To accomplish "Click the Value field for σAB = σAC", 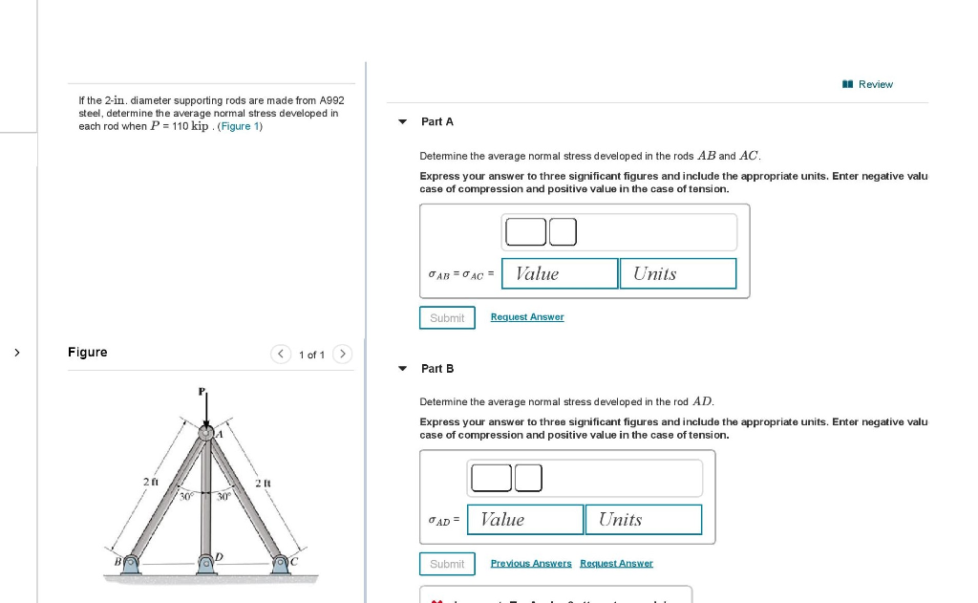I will tap(560, 273).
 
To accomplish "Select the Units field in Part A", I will tap(677, 273).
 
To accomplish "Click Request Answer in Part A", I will tap(527, 317).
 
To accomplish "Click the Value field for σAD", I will tap(525, 519).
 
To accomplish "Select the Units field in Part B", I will tap(643, 519).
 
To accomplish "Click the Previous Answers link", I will tap(531, 563).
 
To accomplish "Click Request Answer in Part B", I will tap(616, 563).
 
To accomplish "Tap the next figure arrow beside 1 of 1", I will tap(343, 355).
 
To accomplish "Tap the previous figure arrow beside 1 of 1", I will tap(280, 355).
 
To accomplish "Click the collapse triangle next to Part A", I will tap(402, 122).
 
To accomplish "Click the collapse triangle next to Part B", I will tap(402, 369).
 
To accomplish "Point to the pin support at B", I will tap(129, 565).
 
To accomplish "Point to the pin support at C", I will tap(282, 565).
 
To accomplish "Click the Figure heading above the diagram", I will tap(88, 353).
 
